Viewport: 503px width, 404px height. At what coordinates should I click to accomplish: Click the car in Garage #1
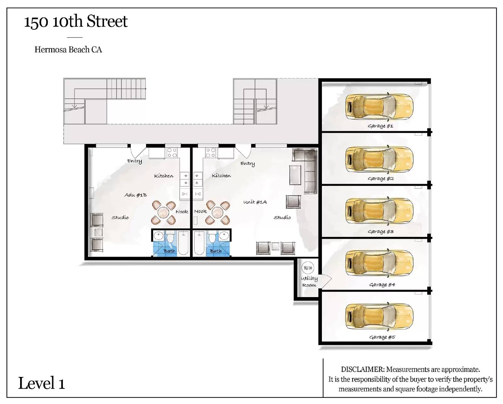click(x=379, y=107)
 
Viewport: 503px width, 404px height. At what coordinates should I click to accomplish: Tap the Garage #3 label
click(x=380, y=231)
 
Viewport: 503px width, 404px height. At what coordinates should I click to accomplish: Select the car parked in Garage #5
click(x=379, y=317)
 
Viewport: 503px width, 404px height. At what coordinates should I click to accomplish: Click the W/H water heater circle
click(x=308, y=268)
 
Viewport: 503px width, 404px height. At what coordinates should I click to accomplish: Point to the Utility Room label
click(x=309, y=282)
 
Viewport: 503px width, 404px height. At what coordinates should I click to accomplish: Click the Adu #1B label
click(x=135, y=195)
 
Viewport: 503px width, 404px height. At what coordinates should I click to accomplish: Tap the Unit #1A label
click(x=255, y=202)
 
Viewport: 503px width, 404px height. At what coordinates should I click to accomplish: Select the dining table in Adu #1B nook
click(x=163, y=212)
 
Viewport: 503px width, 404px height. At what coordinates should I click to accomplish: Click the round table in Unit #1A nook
click(x=218, y=212)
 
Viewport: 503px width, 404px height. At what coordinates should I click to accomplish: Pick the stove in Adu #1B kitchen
click(x=172, y=153)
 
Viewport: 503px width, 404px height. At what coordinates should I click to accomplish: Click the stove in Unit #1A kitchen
click(x=210, y=153)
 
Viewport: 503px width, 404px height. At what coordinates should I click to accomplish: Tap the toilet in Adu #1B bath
click(x=170, y=237)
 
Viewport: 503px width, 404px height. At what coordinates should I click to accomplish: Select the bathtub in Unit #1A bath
click(x=199, y=243)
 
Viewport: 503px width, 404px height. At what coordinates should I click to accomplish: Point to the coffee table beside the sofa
click(x=295, y=175)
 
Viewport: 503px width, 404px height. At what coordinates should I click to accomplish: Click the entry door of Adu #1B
click(x=138, y=152)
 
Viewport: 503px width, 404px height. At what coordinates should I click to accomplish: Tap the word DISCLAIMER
click(x=363, y=369)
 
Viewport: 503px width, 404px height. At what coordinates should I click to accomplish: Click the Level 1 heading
click(x=41, y=384)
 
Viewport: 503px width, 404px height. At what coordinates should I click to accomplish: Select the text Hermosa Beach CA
click(x=68, y=50)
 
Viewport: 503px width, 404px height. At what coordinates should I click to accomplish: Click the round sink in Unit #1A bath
click(x=224, y=235)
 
